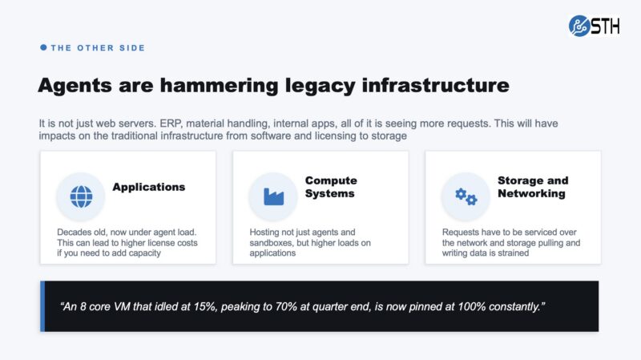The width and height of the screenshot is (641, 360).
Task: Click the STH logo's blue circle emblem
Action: tap(579, 26)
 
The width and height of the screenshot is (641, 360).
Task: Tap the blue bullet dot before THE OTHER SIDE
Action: tap(43, 47)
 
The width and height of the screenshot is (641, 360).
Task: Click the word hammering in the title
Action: tap(218, 86)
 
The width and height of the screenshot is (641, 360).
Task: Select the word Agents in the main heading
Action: tap(75, 86)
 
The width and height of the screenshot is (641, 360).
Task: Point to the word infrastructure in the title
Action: tap(435, 85)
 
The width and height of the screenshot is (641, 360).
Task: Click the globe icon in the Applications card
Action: tap(81, 196)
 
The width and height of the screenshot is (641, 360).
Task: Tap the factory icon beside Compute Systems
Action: tap(273, 196)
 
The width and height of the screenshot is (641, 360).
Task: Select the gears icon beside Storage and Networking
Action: tap(466, 196)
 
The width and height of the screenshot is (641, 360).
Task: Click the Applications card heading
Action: tap(149, 187)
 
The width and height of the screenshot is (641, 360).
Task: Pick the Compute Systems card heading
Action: tap(331, 187)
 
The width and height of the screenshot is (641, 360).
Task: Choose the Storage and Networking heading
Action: tap(533, 187)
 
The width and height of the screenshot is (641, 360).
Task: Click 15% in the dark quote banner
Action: tap(205, 307)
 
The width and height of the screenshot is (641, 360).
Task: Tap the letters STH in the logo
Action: tap(606, 26)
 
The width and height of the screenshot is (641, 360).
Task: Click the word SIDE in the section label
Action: tap(132, 48)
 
